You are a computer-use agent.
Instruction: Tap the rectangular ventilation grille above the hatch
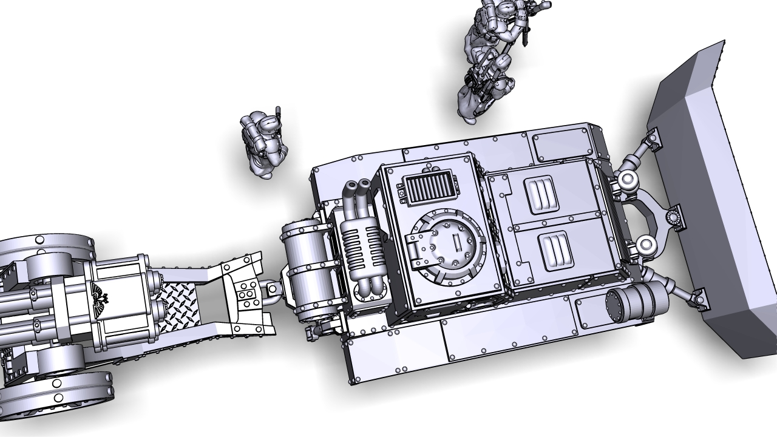(x=429, y=189)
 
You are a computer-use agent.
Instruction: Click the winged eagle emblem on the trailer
(x=100, y=296)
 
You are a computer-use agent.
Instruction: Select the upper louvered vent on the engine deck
(x=541, y=195)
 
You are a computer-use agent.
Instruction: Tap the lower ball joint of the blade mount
(x=647, y=245)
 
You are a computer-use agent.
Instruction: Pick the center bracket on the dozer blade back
(x=673, y=216)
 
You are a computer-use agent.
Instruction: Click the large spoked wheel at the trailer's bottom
(x=58, y=395)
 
